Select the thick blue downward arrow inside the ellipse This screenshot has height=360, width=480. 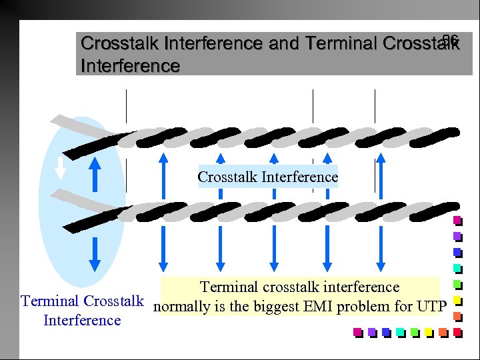click(95, 253)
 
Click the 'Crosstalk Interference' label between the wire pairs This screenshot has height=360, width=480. click(267, 177)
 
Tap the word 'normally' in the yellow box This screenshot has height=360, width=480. click(180, 307)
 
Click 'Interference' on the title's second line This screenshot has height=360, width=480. click(130, 66)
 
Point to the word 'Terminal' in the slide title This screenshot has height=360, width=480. click(342, 43)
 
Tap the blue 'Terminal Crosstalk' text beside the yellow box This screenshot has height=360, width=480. click(82, 301)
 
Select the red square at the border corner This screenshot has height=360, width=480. click(457, 331)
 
